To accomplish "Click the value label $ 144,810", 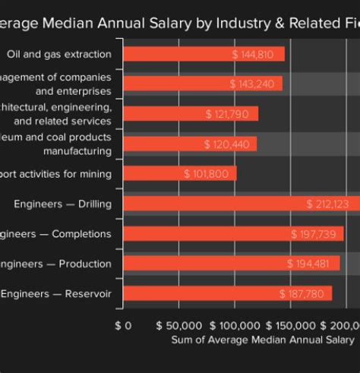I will tap(256, 55).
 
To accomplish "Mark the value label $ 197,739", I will tap(311, 234).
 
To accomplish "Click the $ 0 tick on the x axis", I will tap(123, 325).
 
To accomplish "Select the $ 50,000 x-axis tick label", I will tap(178, 325).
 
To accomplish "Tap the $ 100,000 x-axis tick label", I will tap(235, 325).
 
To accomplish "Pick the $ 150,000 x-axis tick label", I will tap(291, 325).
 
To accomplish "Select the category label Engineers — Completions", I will tap(55, 234).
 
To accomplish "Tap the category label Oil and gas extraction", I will tap(58, 55).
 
